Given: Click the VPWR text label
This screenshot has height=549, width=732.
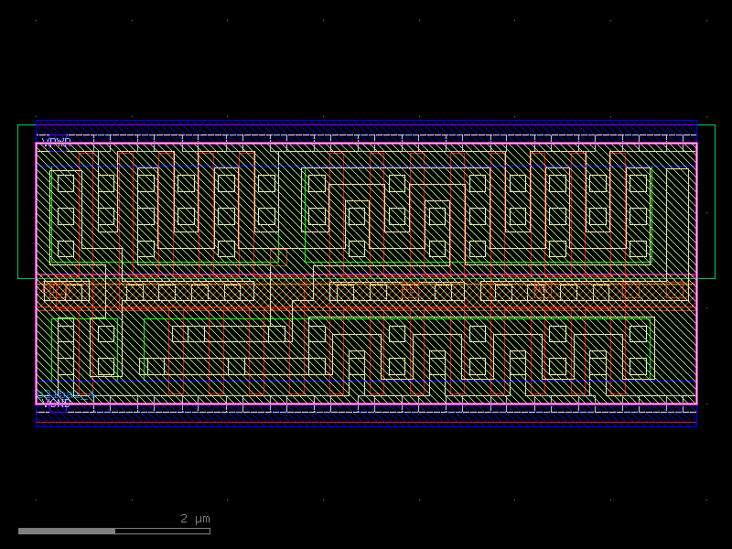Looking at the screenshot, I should pos(57,142).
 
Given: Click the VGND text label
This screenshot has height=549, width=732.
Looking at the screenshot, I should pos(57,404).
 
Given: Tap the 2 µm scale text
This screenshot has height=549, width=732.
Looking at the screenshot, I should pos(195,519).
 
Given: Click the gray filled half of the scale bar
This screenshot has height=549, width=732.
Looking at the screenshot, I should pos(67,531).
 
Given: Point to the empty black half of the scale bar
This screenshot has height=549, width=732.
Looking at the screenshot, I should pos(163,531).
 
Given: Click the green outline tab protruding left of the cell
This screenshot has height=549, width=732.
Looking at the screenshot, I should pos(27,201).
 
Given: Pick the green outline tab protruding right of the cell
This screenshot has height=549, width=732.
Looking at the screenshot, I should pos(705,201).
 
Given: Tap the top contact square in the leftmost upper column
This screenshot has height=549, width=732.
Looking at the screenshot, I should pos(66,183).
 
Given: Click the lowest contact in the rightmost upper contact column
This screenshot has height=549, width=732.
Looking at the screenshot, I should pos(638,249).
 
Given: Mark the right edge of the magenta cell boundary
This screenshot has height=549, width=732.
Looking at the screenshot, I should pos(696,274).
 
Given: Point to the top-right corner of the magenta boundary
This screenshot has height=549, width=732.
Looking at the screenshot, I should pos(696,144).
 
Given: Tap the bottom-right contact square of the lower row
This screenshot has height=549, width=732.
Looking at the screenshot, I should pos(638,366).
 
